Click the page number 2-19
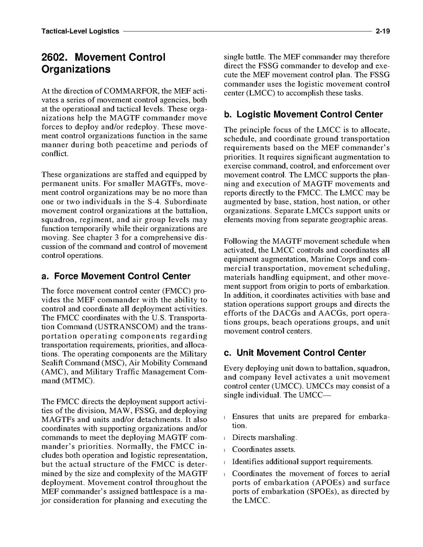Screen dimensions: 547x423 pyautogui.click(x=382, y=32)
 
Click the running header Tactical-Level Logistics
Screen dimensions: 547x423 pyautogui.click(x=80, y=32)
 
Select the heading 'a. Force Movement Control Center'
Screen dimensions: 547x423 pyautogui.click(x=116, y=276)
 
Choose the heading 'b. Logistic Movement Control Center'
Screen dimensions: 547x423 pyautogui.click(x=303, y=115)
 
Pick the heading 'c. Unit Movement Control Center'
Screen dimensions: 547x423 pyautogui.click(x=295, y=353)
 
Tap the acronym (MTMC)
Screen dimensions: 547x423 pyautogui.click(x=77, y=380)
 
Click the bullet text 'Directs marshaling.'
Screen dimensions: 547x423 pyautogui.click(x=264, y=437)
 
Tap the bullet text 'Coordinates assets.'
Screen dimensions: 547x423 pyautogui.click(x=264, y=450)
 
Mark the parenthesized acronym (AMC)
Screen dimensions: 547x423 pyautogui.click(x=54, y=371)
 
